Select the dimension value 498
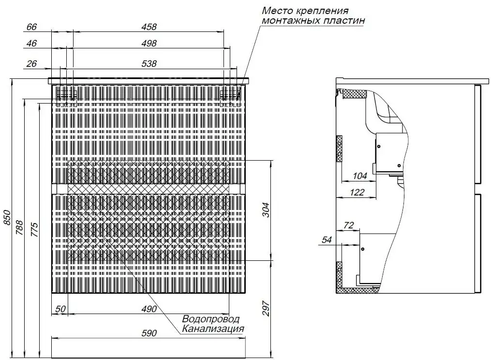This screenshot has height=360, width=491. [149, 44]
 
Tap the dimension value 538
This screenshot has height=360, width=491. [149, 63]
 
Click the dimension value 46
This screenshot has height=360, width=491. [31, 44]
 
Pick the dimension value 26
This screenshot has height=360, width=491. [31, 63]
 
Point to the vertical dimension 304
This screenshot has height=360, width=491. [265, 210]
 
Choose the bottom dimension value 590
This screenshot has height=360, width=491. [149, 333]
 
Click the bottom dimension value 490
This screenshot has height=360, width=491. [149, 309]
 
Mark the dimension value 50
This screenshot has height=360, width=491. [60, 309]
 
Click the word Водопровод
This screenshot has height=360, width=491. [210, 319]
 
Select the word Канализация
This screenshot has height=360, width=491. [212, 329]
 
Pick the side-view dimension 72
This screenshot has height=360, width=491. [349, 225]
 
